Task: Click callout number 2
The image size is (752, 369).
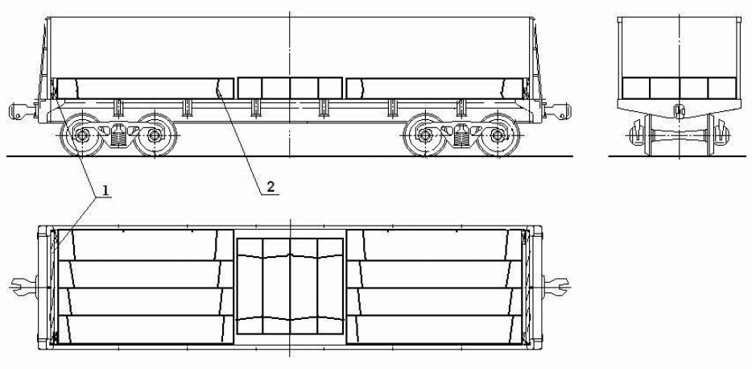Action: (x=271, y=187)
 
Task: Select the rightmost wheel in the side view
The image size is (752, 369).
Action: (x=498, y=135)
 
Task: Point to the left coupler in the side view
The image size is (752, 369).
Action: (x=23, y=111)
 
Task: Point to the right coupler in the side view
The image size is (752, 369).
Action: (x=557, y=111)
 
